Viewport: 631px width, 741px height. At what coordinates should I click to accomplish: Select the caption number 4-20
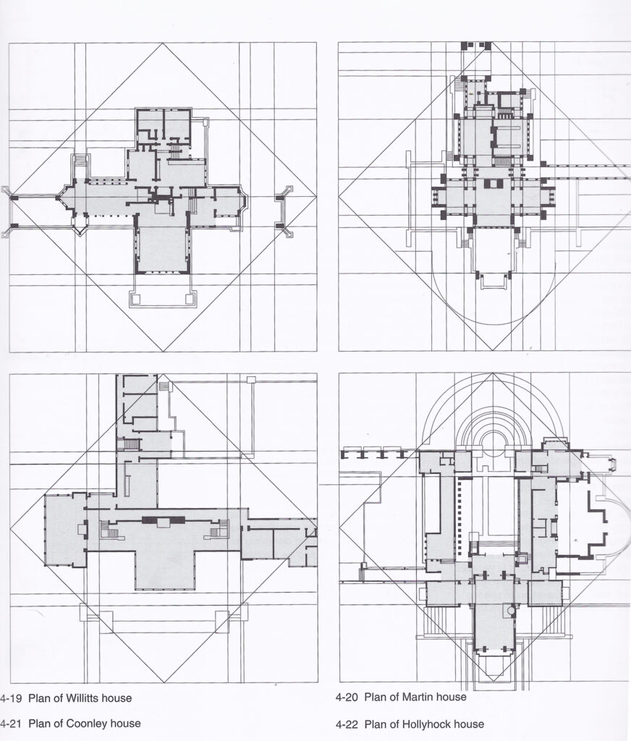tap(347, 697)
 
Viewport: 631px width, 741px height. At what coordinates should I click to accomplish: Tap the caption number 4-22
tap(347, 724)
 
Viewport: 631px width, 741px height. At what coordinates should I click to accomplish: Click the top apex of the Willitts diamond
tap(163, 43)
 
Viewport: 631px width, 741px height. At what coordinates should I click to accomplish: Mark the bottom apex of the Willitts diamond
tap(163, 351)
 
